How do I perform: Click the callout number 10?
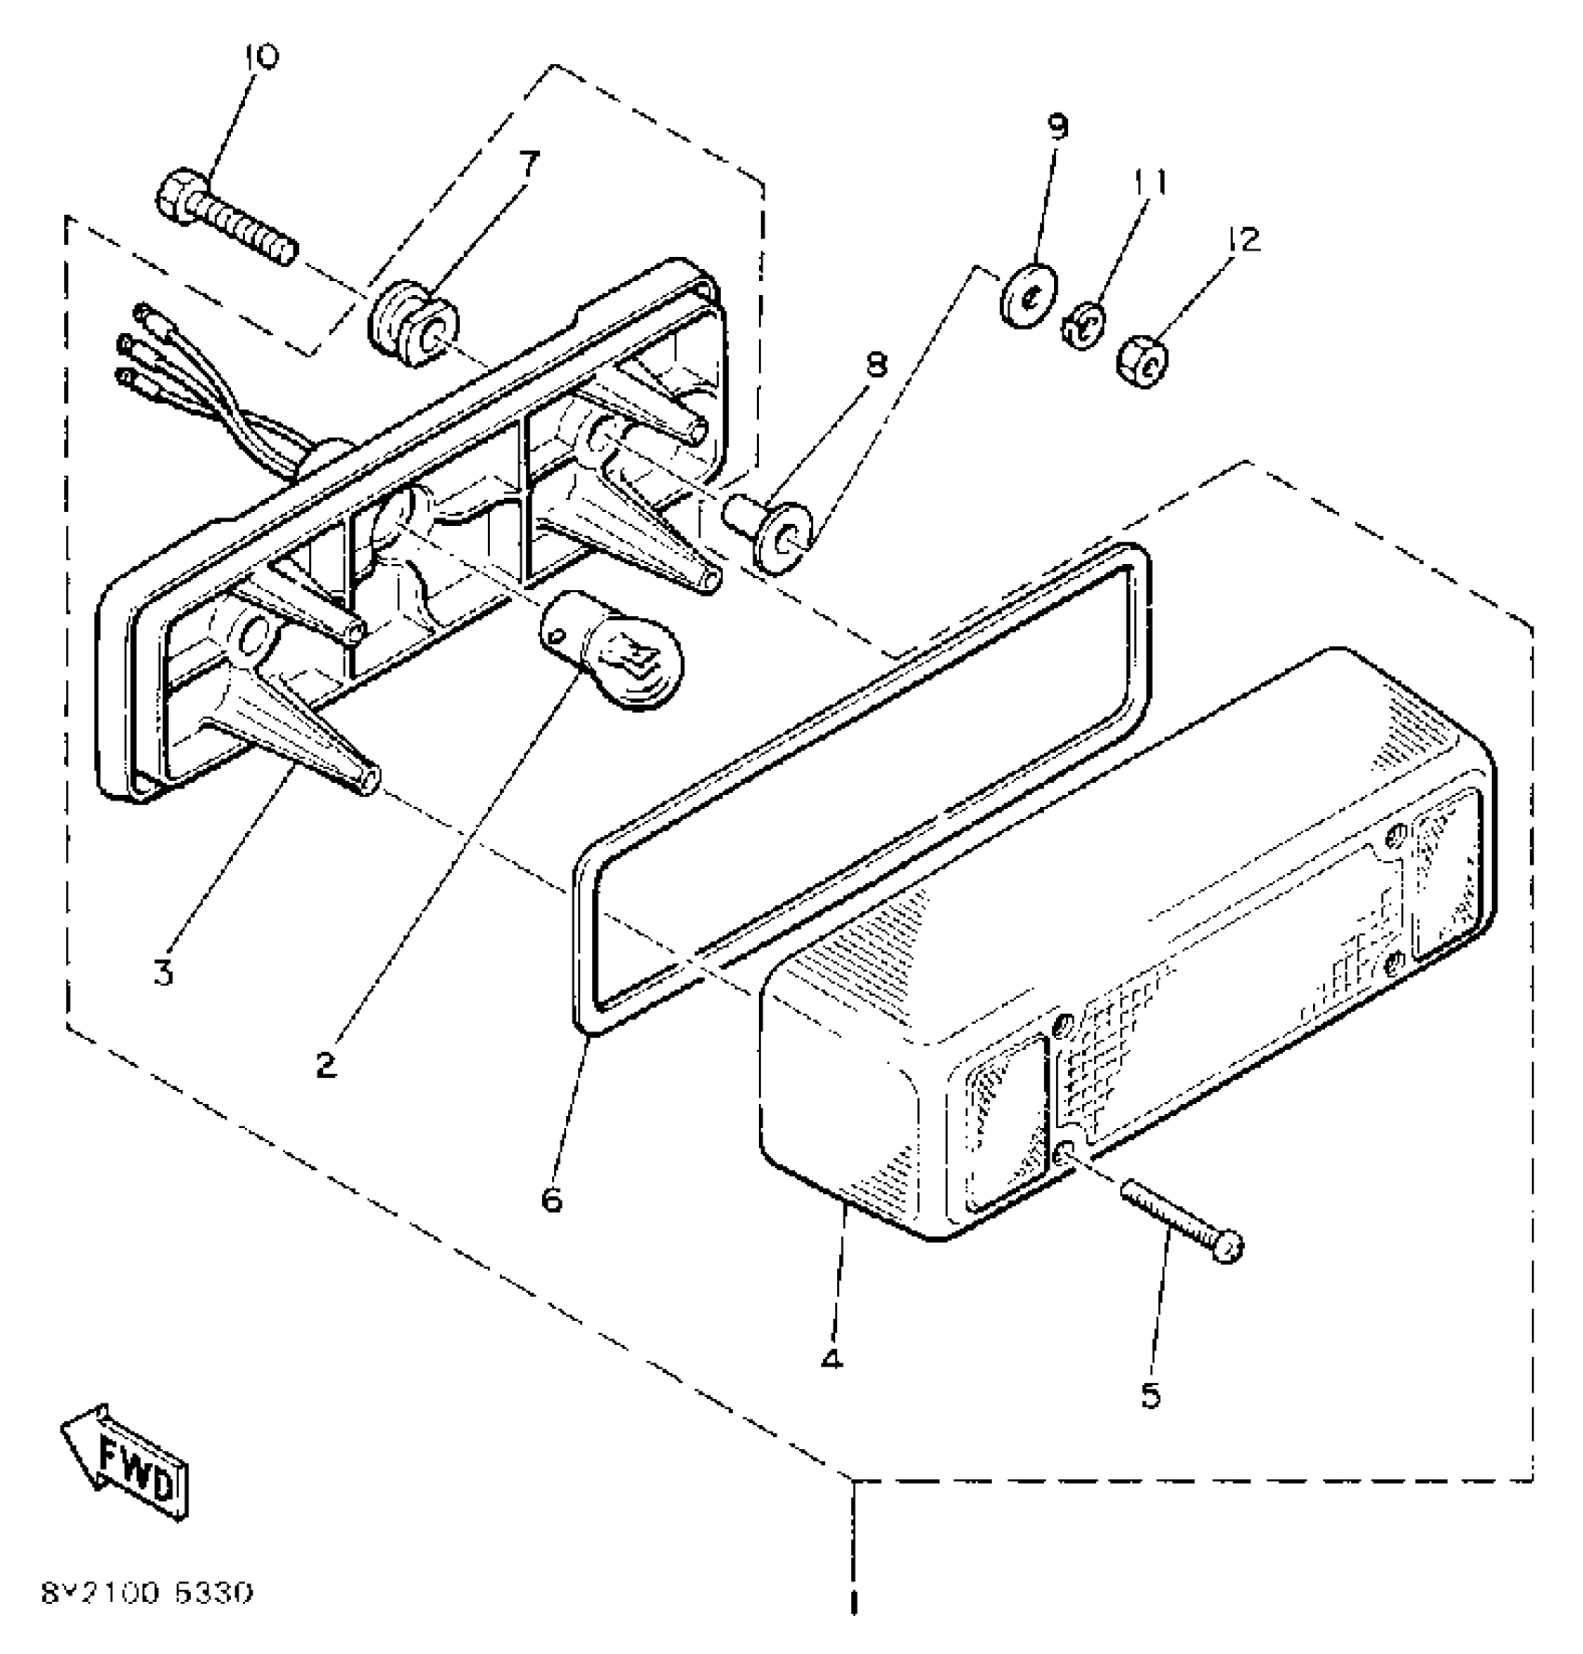tap(261, 59)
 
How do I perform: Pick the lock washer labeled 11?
tap(1083, 327)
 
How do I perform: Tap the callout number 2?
tap(325, 1064)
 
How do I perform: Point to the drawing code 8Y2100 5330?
tap(146, 1593)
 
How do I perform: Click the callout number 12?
tap(1243, 240)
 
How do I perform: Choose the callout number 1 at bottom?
tap(853, 1604)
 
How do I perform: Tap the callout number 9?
tap(1059, 128)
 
